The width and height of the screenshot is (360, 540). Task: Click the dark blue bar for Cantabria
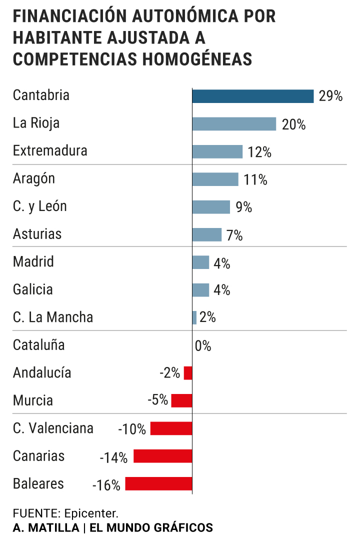click(x=252, y=96)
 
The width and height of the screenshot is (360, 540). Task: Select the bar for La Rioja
click(x=234, y=124)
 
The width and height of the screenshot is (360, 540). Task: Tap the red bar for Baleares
click(x=158, y=484)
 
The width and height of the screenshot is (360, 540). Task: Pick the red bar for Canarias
click(x=162, y=456)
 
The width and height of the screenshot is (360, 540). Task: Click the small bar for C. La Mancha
click(x=194, y=317)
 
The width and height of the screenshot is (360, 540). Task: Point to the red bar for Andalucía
click(x=188, y=373)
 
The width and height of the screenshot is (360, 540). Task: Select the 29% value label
click(x=330, y=96)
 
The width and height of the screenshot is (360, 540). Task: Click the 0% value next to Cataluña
click(x=203, y=346)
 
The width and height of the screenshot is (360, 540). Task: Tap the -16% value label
click(x=106, y=485)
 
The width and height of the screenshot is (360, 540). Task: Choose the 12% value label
click(x=259, y=152)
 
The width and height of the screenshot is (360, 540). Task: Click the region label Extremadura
click(x=50, y=150)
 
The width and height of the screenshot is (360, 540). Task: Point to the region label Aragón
click(x=34, y=178)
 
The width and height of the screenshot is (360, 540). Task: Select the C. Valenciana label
click(x=53, y=428)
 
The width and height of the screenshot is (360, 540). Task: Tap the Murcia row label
click(x=33, y=400)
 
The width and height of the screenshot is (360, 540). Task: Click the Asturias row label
click(x=37, y=234)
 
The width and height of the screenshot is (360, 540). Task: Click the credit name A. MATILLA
click(x=46, y=527)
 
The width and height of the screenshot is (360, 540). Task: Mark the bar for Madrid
click(x=200, y=262)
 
